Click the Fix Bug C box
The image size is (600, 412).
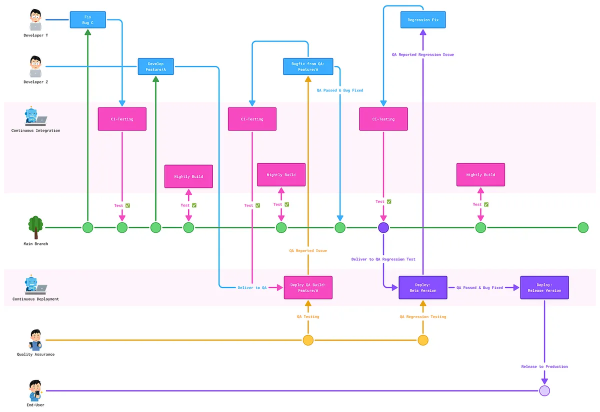88,20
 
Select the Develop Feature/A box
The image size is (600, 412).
155,66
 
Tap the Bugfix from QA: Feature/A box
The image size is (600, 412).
307,66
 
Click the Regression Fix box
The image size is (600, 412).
423,20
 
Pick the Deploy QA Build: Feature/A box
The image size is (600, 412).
308,287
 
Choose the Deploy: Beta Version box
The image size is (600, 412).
422,287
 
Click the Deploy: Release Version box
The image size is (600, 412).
544,287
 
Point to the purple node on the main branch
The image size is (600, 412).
383,228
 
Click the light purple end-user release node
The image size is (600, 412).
544,390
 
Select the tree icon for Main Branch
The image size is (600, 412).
35,226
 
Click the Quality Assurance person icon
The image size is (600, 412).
35,339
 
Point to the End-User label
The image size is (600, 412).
35,405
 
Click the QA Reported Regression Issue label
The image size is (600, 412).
423,54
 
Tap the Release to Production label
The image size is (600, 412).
544,366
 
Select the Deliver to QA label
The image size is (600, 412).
252,287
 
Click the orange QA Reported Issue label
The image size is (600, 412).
308,250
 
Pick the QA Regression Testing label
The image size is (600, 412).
423,316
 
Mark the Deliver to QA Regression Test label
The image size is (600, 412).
383,259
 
